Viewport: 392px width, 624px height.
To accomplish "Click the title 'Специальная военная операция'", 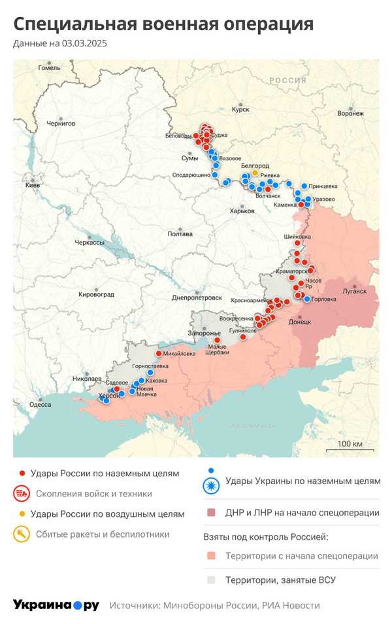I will (x=163, y=24).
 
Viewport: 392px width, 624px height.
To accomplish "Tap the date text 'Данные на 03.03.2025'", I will (x=60, y=44).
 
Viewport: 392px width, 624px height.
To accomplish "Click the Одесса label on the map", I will (x=40, y=404).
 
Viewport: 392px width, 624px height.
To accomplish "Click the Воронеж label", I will (x=350, y=113).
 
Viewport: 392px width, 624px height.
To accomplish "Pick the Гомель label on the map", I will (x=49, y=67).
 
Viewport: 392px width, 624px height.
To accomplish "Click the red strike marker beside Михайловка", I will (x=158, y=354).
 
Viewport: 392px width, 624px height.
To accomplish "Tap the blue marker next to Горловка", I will (x=307, y=299).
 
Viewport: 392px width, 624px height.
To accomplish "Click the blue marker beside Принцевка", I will (x=304, y=186).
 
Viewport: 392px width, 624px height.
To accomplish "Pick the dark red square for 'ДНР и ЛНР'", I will (x=210, y=513).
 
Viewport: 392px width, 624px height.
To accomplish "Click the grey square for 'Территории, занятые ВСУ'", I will (x=210, y=580).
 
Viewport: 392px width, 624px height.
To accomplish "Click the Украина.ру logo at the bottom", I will (x=56, y=605).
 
